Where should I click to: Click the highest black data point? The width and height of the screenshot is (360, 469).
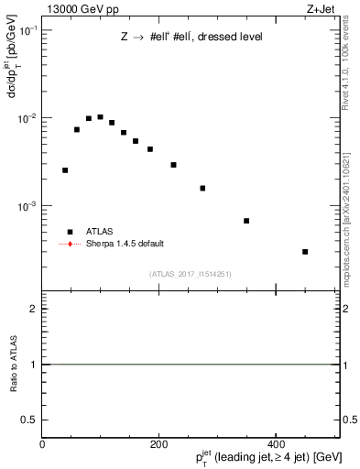coord(100,117)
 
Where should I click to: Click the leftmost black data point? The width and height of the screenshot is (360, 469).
coord(65,170)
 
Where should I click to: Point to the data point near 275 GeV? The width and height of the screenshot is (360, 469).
coord(202,189)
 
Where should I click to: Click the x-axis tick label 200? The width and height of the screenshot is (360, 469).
coord(158,444)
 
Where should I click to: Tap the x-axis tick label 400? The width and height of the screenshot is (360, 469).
coord(276,444)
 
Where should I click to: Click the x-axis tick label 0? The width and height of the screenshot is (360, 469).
coord(42,444)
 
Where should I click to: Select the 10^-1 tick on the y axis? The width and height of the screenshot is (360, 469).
coord(27,30)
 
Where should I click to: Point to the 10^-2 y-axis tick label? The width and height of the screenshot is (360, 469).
coord(27,118)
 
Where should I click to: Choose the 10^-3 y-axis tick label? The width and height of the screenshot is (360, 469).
coord(27,206)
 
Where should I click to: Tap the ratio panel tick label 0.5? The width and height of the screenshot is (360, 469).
coord(29,420)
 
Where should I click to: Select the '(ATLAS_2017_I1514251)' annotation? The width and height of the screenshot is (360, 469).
coord(191,273)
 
